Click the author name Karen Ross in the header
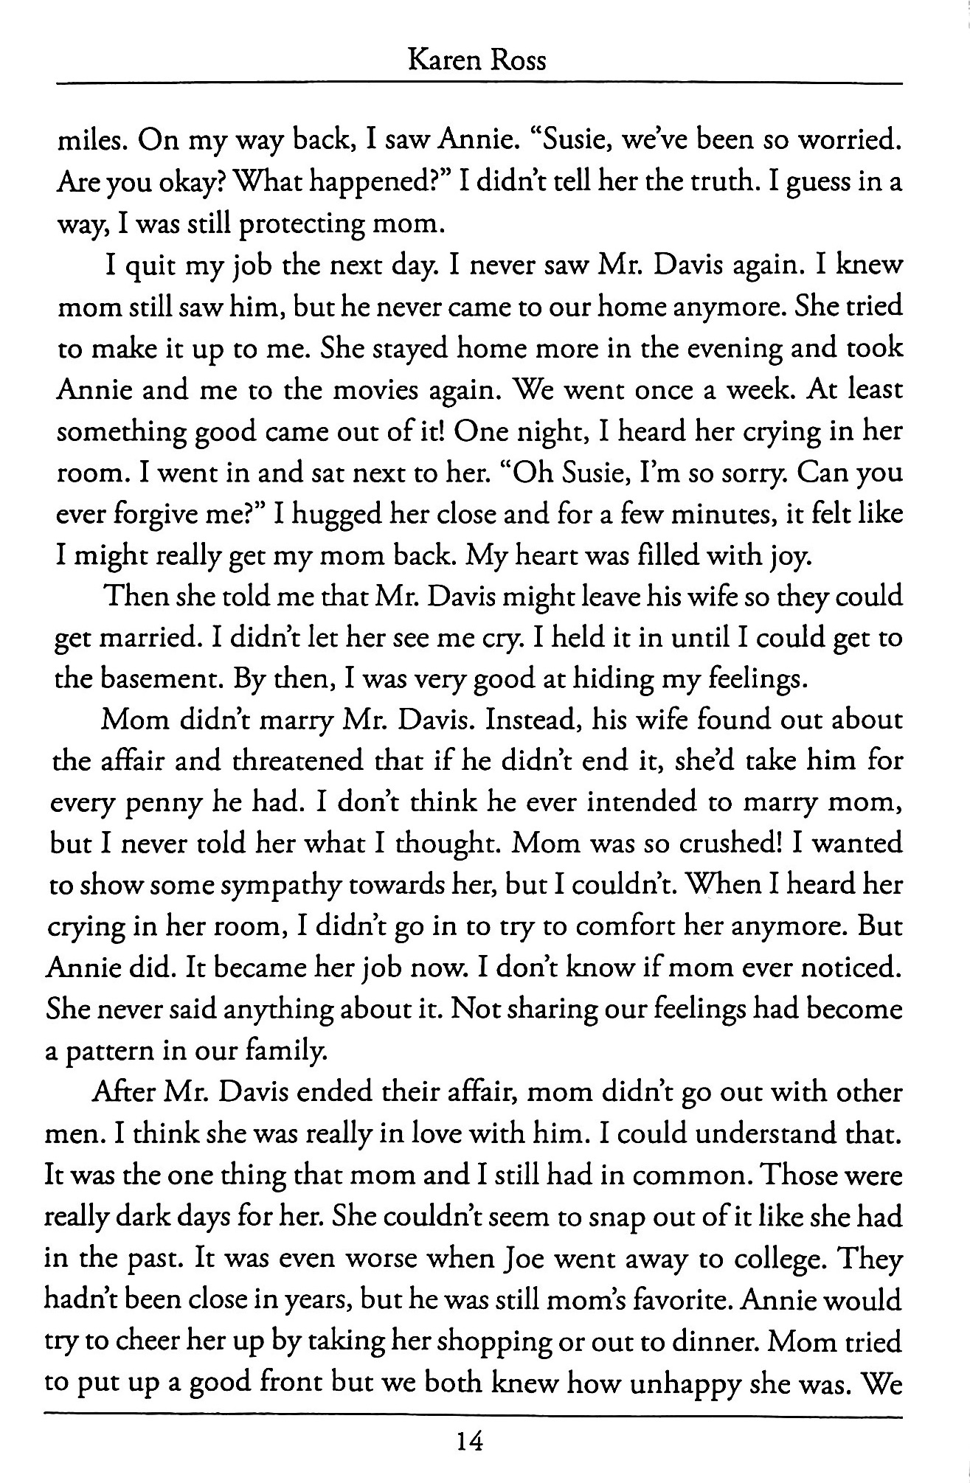[477, 59]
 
